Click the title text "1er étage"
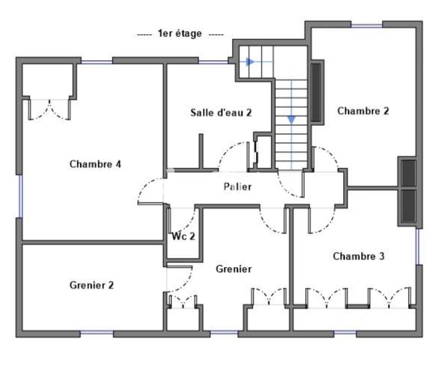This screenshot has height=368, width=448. click(x=180, y=34)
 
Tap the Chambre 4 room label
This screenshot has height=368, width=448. click(x=95, y=164)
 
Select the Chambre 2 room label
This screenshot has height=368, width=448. click(x=363, y=111)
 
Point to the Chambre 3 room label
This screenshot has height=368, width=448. click(x=359, y=257)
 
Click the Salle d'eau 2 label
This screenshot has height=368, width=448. click(x=221, y=113)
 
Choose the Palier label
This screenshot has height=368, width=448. click(x=237, y=187)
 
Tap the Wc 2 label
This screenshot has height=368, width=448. click(x=183, y=236)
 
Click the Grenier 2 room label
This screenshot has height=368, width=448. click(x=92, y=285)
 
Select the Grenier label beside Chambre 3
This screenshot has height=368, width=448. click(x=233, y=269)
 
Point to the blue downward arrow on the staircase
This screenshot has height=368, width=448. click(x=291, y=120)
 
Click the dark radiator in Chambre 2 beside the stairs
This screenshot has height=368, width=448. click(x=316, y=92)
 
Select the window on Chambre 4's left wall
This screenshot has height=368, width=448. click(x=19, y=196)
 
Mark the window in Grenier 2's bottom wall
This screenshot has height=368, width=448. click(x=97, y=333)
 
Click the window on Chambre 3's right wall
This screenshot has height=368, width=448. click(x=418, y=246)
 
